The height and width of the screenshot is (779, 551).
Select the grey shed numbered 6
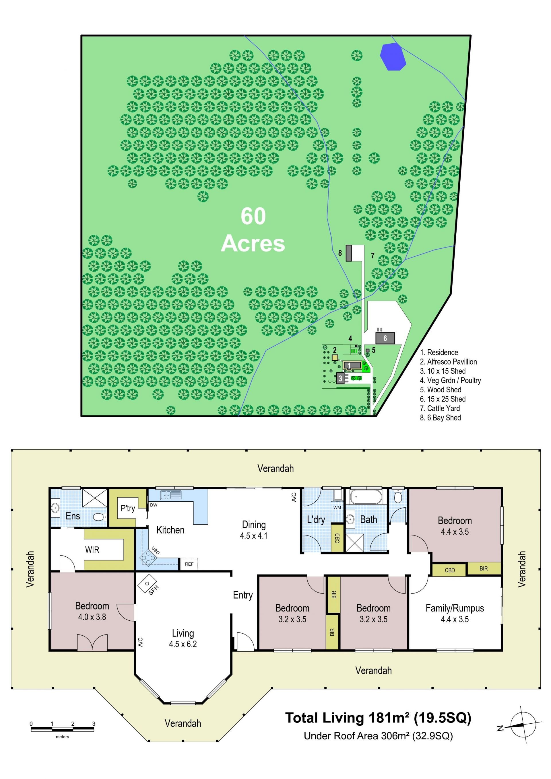tap(385, 338)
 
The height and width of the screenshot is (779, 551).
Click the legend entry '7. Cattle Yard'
tap(440, 408)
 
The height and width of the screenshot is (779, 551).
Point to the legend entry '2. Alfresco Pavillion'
tap(448, 362)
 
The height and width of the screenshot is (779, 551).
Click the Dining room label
tap(254, 525)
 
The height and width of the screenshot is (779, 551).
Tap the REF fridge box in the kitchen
tap(189, 564)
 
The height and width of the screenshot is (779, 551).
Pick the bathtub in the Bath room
tap(366, 497)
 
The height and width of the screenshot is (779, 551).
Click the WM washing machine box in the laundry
tap(337, 508)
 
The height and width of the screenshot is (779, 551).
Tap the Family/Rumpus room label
tap(455, 608)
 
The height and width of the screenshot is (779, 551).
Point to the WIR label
tap(92, 549)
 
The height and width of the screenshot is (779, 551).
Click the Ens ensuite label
tap(73, 516)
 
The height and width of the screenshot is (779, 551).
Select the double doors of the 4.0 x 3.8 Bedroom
tap(92, 642)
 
